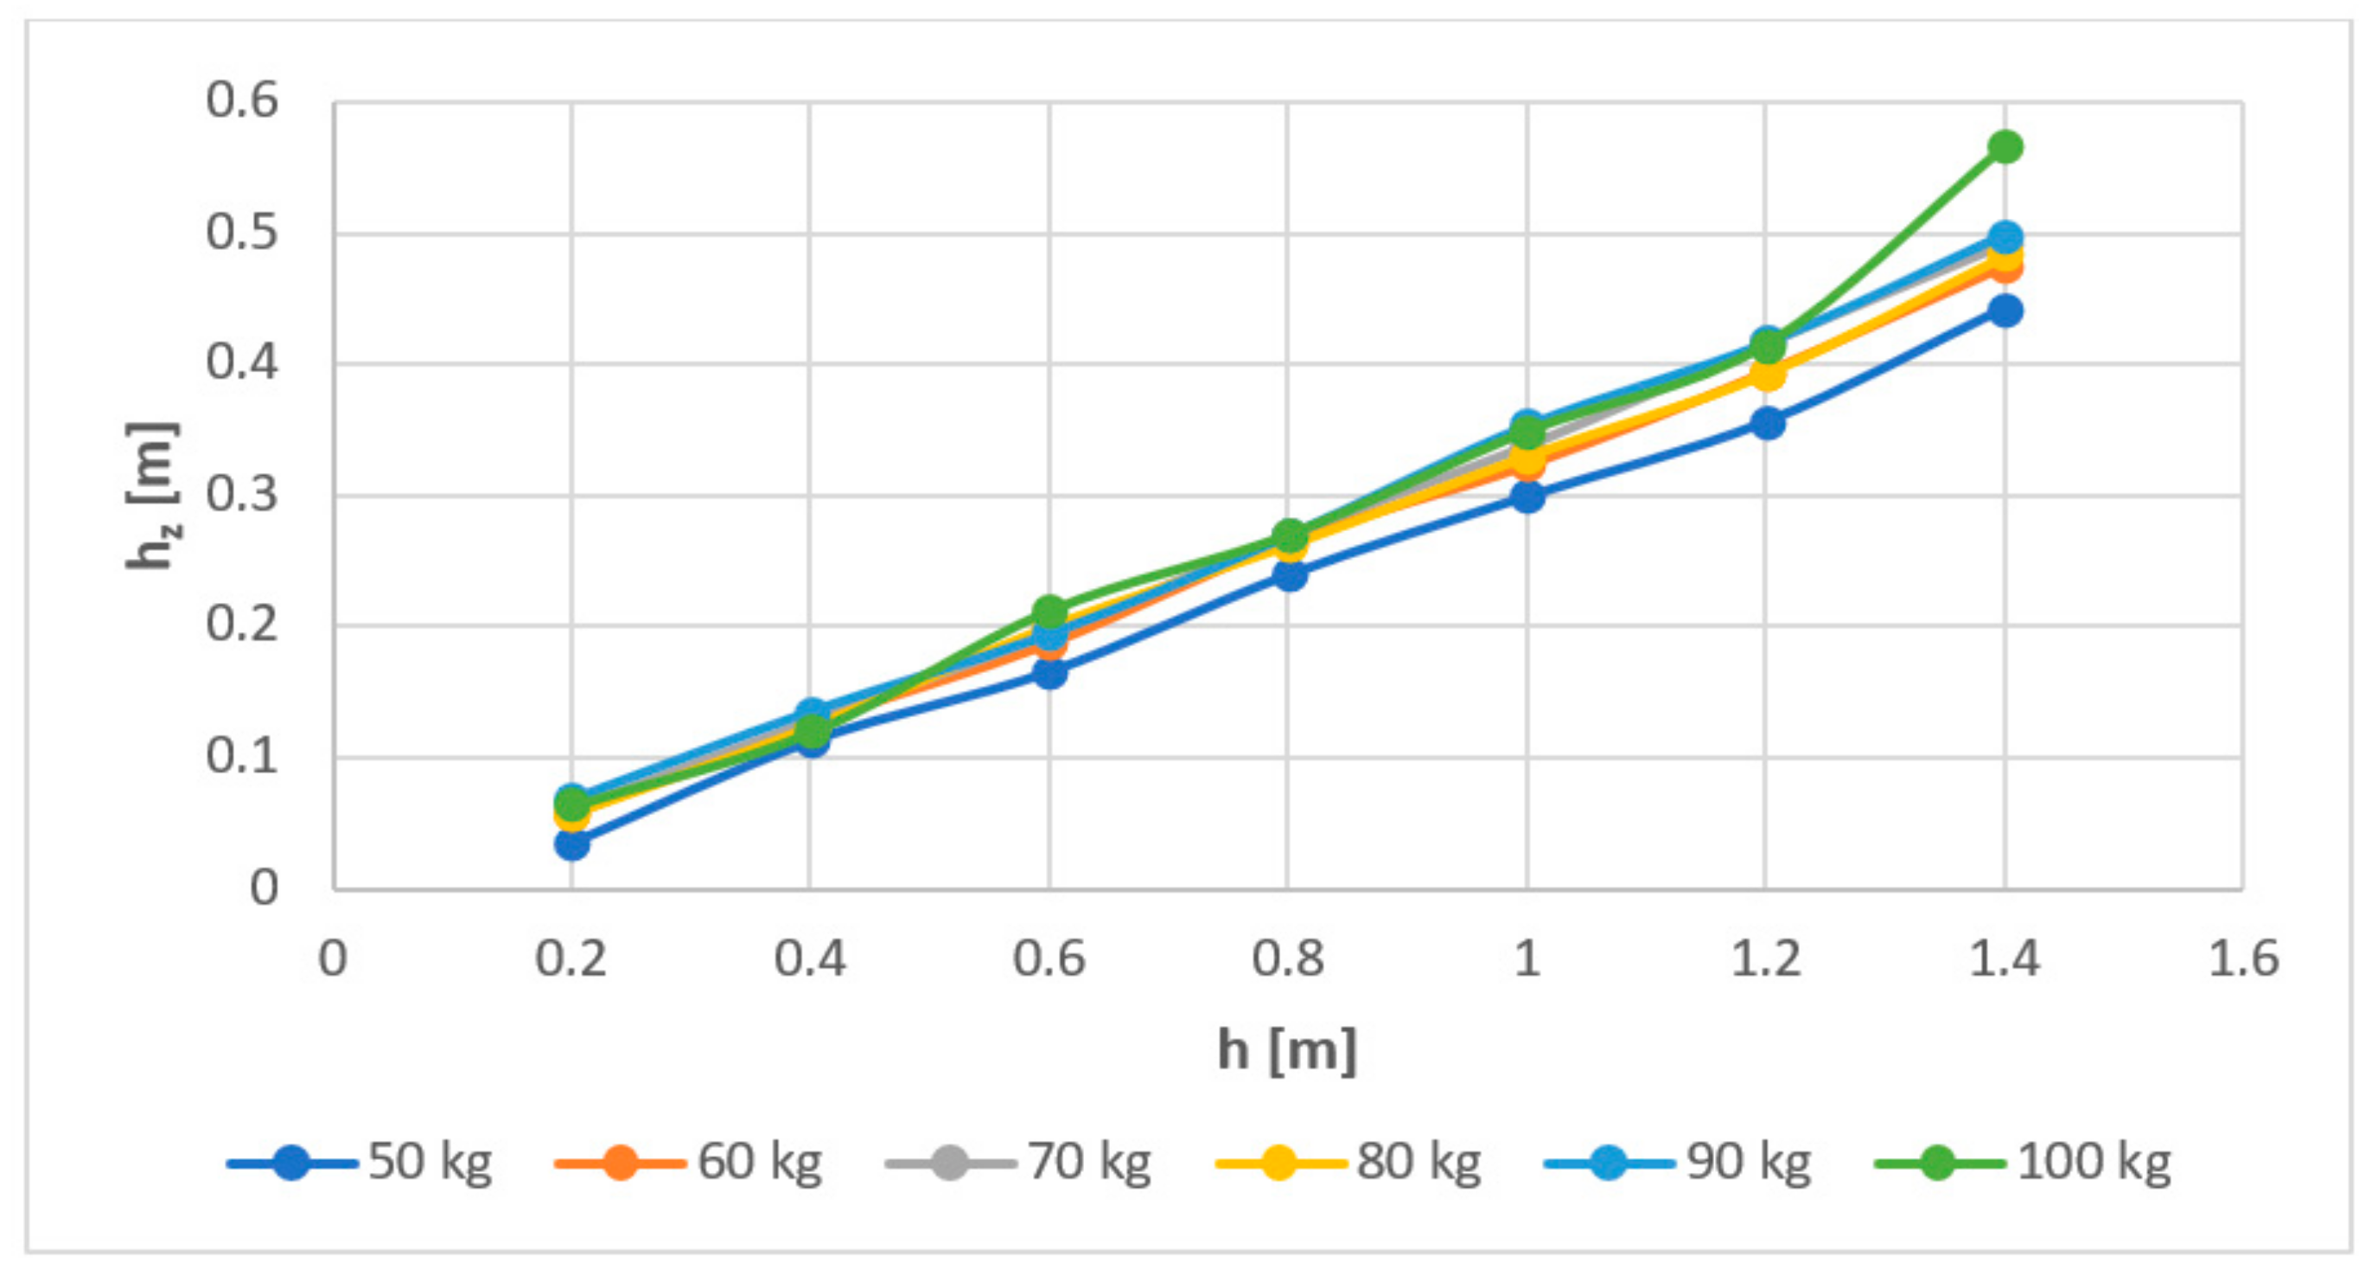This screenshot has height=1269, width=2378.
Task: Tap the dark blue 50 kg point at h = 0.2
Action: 571,843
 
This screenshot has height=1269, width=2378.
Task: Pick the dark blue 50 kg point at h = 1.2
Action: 1766,423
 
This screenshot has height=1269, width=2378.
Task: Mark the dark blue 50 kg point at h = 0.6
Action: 1049,672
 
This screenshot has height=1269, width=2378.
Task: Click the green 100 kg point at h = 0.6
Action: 1049,612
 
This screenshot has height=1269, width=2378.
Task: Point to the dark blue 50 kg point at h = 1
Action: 1527,497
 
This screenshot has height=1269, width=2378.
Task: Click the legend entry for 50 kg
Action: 360,1162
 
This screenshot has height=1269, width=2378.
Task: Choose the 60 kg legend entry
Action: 689,1162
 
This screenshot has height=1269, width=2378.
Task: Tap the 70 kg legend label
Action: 1089,1162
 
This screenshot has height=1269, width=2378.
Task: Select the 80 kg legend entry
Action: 1348,1162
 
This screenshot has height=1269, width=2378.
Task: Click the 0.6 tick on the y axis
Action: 241,99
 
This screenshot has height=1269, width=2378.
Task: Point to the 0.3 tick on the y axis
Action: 241,494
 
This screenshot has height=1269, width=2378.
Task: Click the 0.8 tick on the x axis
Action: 1287,958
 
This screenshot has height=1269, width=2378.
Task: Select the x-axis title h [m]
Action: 1287,1050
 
